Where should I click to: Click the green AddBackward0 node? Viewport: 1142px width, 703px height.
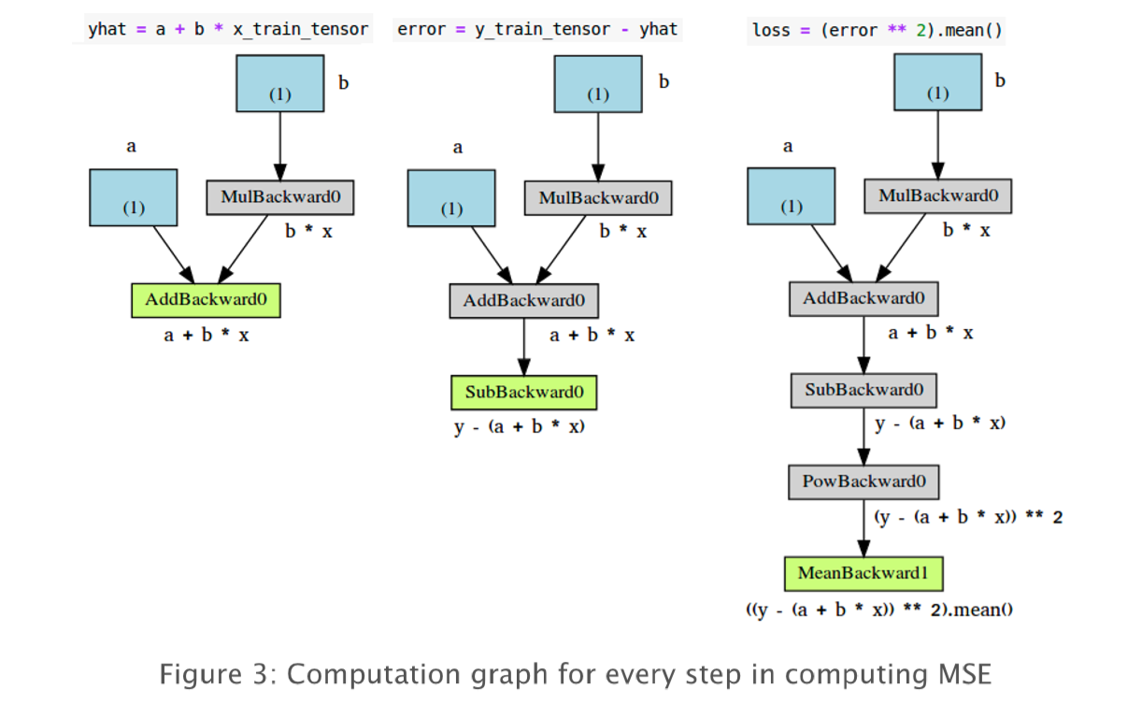(x=206, y=300)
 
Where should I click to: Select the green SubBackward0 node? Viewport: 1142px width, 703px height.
(x=523, y=393)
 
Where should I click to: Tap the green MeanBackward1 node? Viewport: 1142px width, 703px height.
(x=863, y=573)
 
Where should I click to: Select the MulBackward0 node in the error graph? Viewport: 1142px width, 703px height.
(x=598, y=198)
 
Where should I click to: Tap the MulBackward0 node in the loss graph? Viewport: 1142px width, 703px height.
(x=937, y=196)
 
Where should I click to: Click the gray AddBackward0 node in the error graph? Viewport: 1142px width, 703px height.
(x=523, y=301)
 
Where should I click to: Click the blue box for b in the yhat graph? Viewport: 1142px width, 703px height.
(x=280, y=84)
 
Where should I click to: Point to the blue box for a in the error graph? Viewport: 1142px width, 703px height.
(x=451, y=198)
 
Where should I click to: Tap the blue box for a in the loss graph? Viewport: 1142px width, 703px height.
(x=791, y=196)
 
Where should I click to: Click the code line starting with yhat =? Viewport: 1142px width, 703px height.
(x=227, y=29)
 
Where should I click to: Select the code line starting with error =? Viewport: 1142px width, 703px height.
(x=536, y=29)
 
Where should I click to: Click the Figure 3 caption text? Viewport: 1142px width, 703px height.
(x=575, y=673)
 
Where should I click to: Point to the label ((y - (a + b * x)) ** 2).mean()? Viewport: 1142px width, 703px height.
(x=880, y=610)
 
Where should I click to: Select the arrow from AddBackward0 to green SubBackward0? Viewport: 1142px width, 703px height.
(x=524, y=346)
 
